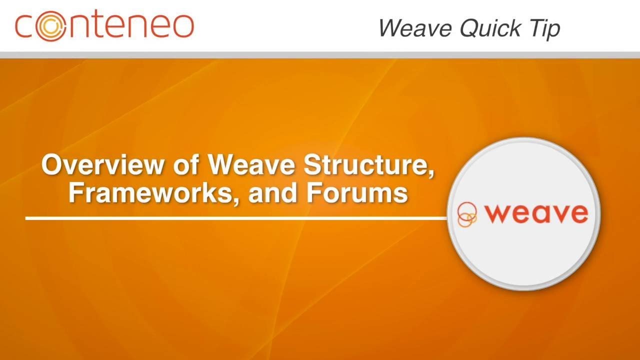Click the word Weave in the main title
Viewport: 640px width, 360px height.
[249, 164]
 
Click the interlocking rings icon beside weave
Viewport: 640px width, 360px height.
[467, 214]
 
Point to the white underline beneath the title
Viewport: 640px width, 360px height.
[235, 218]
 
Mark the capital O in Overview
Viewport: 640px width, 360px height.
[52, 164]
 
